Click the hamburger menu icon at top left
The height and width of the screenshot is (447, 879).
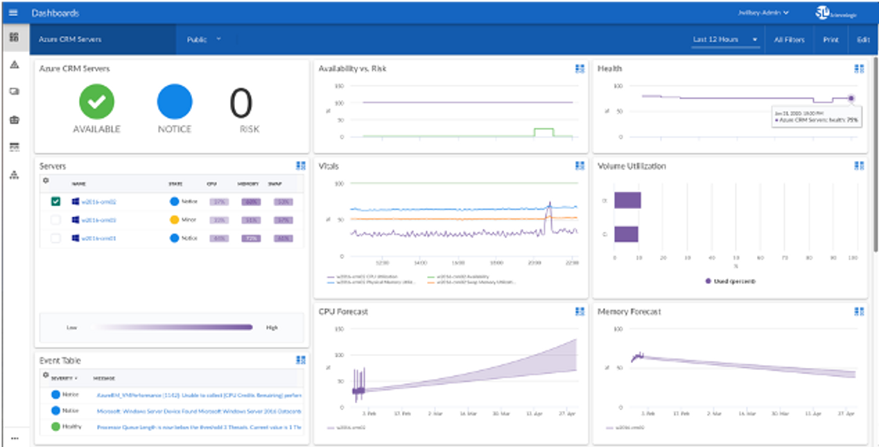pos(13,12)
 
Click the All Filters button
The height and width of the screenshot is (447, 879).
pos(789,40)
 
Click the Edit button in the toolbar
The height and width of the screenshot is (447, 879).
pos(862,40)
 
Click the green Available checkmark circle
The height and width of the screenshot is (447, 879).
pos(96,101)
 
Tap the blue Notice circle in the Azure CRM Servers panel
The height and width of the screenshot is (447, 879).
pos(174,101)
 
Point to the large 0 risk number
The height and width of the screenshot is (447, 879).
pos(241,104)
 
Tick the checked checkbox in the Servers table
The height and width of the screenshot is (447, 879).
pos(56,201)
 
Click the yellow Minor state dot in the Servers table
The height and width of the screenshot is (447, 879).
pos(174,219)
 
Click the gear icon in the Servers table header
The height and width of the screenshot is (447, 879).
pos(46,180)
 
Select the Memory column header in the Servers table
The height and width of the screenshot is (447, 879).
pos(248,184)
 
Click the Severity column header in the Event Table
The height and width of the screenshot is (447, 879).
pos(63,379)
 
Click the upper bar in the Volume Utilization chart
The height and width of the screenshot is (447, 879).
pos(627,200)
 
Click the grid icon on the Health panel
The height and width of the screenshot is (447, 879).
pos(859,69)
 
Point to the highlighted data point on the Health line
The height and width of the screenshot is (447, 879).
pos(851,98)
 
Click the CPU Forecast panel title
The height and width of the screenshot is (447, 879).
pos(343,312)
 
